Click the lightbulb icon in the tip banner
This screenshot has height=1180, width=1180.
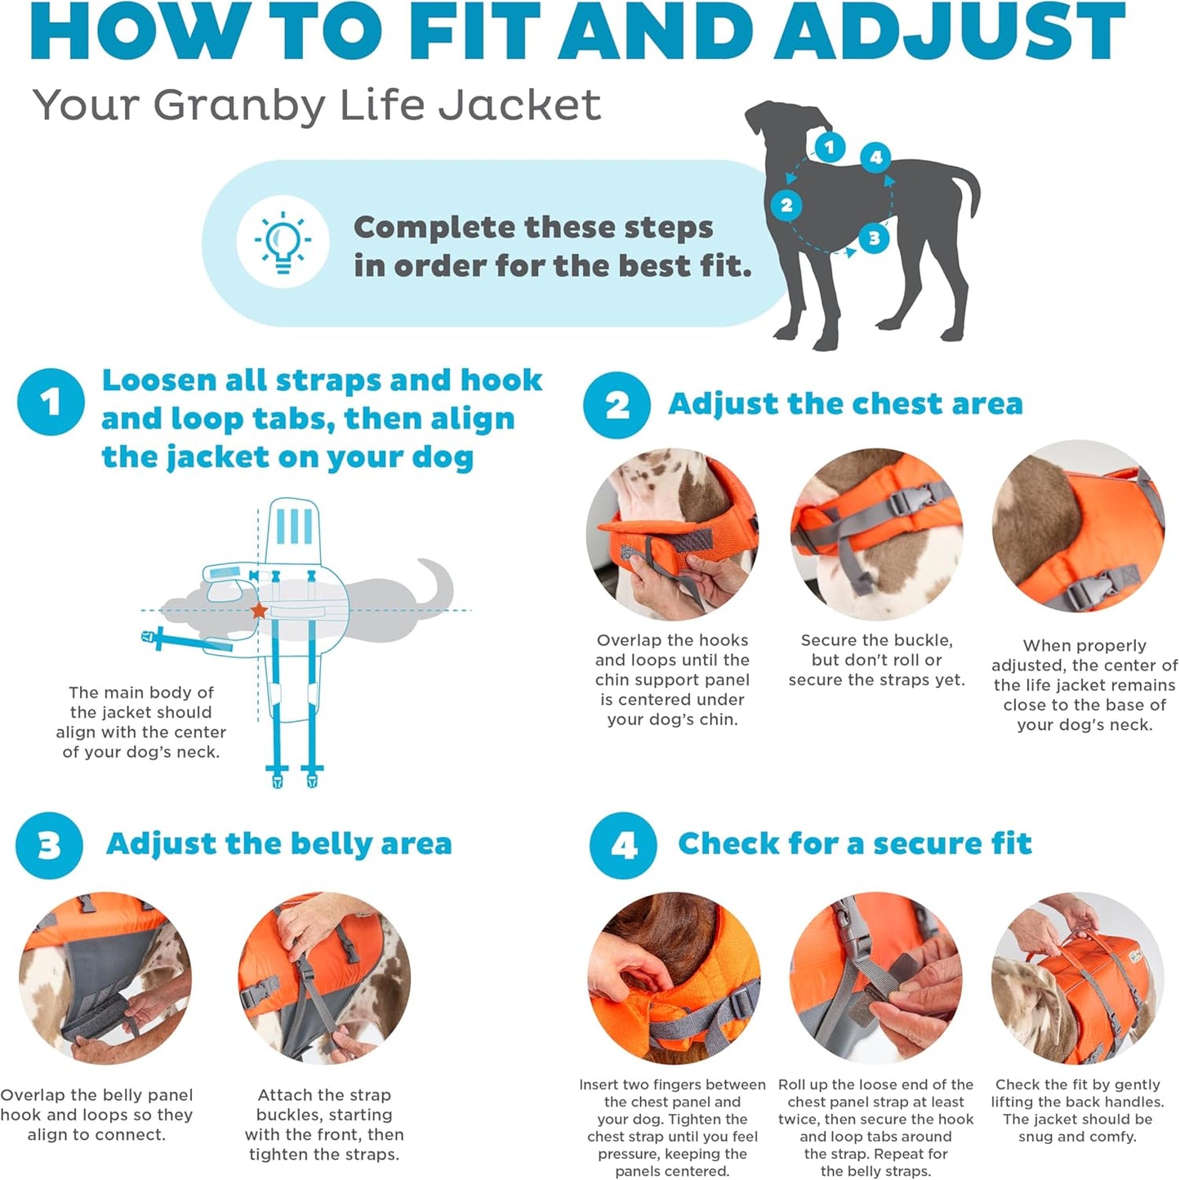[x=283, y=241]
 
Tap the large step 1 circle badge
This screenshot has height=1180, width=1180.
[x=51, y=402]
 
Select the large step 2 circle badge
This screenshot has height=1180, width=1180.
[x=617, y=405]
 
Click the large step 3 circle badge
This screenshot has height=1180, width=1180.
[x=49, y=845]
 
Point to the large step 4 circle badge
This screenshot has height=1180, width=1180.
[x=623, y=845]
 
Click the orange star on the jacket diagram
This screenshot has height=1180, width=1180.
[x=259, y=610]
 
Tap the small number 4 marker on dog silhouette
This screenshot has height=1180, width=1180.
[x=875, y=157]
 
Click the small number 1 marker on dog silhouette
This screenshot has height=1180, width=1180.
[x=830, y=147]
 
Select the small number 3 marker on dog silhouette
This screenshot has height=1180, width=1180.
[x=874, y=238]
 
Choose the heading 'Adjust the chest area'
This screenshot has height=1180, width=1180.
[x=845, y=404]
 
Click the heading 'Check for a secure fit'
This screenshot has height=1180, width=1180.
[x=854, y=844]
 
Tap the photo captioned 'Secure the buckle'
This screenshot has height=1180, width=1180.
[x=876, y=534]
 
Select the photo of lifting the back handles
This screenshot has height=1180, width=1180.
[x=1078, y=977]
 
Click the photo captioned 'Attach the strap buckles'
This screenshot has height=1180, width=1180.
[x=324, y=977]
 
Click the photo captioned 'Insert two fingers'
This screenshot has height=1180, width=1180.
[x=674, y=977]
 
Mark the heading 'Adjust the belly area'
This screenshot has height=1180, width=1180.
[x=278, y=844]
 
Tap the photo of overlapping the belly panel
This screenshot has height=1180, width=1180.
[x=105, y=977]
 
